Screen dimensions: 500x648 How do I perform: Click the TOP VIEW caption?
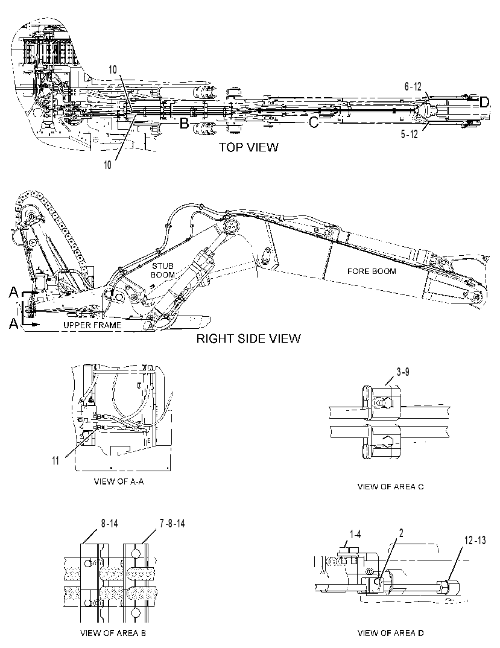248,147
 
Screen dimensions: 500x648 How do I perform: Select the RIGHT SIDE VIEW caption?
248,338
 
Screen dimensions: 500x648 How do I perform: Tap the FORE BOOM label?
372,271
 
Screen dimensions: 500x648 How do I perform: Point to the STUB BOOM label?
162,270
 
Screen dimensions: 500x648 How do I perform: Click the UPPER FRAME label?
92,325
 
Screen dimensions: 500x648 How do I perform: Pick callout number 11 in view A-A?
55,460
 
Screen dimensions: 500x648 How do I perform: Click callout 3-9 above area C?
403,372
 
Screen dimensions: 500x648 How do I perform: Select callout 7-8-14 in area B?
172,524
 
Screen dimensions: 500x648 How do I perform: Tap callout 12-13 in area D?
475,540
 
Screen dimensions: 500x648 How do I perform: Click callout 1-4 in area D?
355,535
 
